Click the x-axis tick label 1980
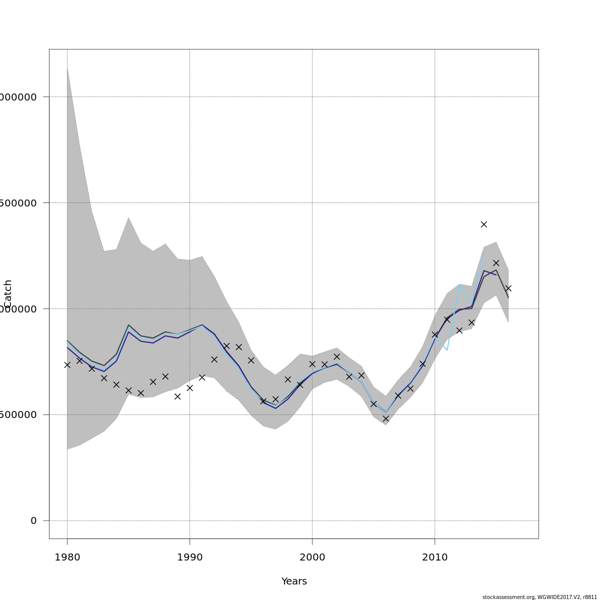(x=67, y=557)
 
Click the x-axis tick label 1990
(x=189, y=557)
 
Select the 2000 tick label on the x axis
(x=312, y=557)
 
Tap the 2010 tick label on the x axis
(x=434, y=557)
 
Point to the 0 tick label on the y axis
(x=33, y=521)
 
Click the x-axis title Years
(x=294, y=581)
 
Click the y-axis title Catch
(x=7, y=294)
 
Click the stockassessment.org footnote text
(x=539, y=597)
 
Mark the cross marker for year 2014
(x=483, y=224)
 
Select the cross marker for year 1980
(x=67, y=365)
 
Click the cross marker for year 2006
(x=385, y=418)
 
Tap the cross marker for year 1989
(x=177, y=396)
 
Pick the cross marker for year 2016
(x=508, y=288)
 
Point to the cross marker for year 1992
(x=214, y=359)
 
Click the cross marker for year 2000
(x=312, y=364)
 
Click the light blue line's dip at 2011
(x=447, y=350)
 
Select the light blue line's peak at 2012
(x=459, y=284)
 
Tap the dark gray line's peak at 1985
(x=128, y=325)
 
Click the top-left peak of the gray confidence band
(x=67, y=67)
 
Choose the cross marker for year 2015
(x=496, y=263)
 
